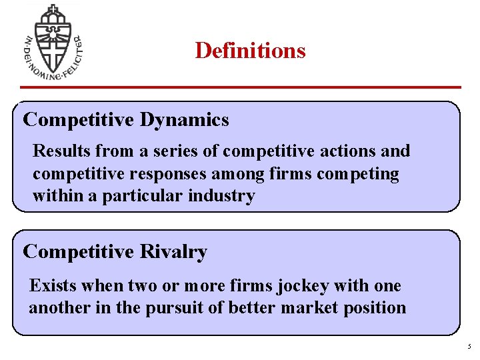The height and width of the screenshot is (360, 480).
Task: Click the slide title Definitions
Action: point(250,51)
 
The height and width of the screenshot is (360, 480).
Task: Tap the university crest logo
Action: point(51,42)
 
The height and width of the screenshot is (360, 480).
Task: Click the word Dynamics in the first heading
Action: point(184,120)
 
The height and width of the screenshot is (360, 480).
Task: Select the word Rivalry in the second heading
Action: point(173,252)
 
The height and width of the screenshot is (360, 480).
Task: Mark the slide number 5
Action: point(469,347)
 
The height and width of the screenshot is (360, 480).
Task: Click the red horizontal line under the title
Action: point(240,87)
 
